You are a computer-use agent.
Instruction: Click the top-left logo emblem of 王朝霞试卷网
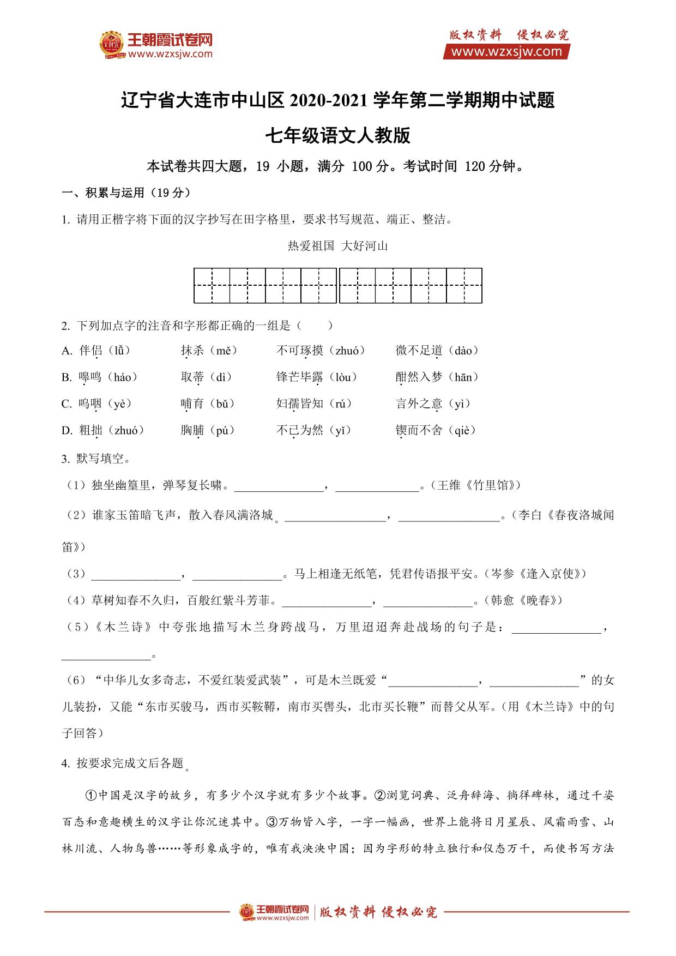pyautogui.click(x=112, y=45)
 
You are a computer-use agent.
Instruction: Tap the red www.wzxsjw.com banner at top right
pyautogui.click(x=506, y=52)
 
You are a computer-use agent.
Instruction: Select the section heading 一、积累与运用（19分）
pyautogui.click(x=126, y=193)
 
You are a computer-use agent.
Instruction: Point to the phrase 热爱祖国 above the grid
pyautogui.click(x=310, y=246)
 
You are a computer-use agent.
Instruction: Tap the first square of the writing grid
pyautogui.click(x=212, y=285)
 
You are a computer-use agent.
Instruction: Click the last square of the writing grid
pyautogui.click(x=464, y=285)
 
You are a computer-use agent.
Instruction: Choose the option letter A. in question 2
pyautogui.click(x=67, y=351)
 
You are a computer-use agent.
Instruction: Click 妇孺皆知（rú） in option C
pyautogui.click(x=314, y=404)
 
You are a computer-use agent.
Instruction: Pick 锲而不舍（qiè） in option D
pyautogui.click(x=436, y=430)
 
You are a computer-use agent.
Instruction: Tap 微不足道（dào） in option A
pyautogui.click(x=437, y=351)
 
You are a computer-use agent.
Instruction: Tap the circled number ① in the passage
pyautogui.click(x=91, y=796)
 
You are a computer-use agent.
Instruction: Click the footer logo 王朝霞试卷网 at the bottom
pyautogui.click(x=275, y=911)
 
